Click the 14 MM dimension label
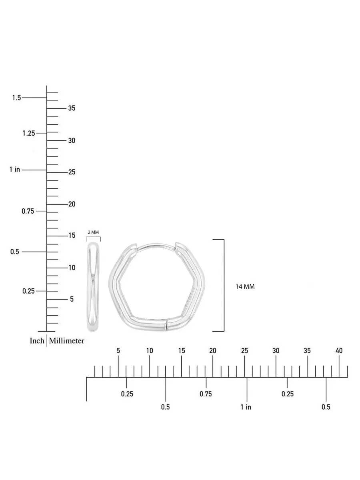[x=245, y=286]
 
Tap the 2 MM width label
[x=93, y=232]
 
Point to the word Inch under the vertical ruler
[x=37, y=340]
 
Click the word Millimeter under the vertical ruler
[x=66, y=340]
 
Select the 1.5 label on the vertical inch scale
[x=17, y=98]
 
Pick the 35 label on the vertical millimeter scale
[x=72, y=108]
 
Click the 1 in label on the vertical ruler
[x=15, y=169]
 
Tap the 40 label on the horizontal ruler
[x=339, y=350]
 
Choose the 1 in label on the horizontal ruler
[x=246, y=407]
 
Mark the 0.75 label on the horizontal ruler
[x=206, y=394]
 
